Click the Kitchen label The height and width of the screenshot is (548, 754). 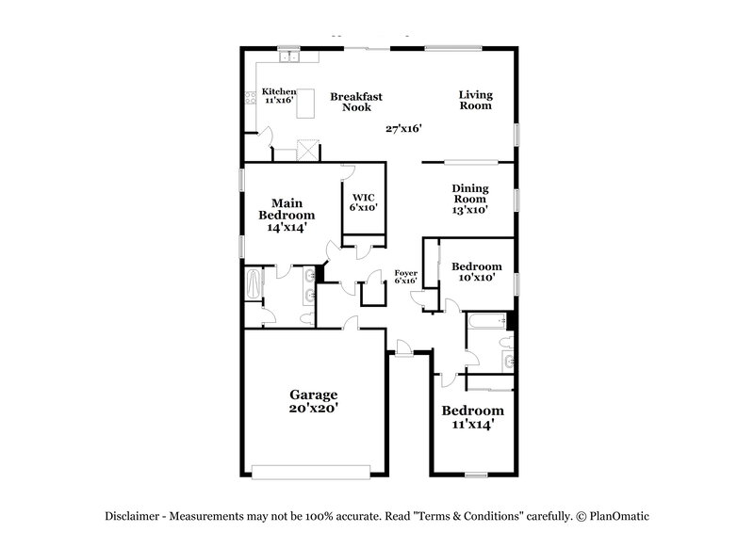(x=278, y=91)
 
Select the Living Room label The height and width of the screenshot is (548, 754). (x=476, y=100)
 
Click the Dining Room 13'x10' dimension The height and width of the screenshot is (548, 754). (x=469, y=210)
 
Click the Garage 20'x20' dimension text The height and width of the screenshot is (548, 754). (x=314, y=409)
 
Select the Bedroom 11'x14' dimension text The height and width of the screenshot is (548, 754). (x=472, y=425)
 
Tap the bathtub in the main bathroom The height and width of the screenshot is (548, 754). (x=254, y=284)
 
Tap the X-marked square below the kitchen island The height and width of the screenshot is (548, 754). (x=309, y=149)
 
